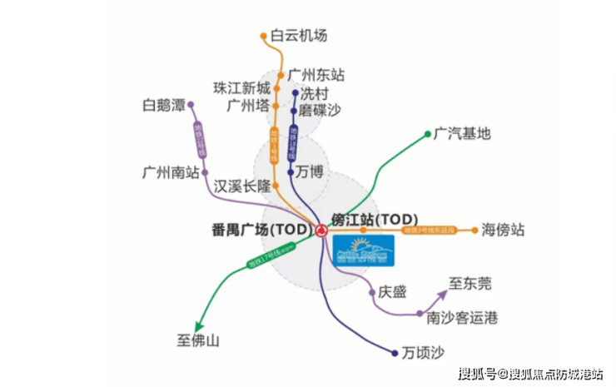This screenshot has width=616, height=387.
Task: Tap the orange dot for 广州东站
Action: (x=281, y=75)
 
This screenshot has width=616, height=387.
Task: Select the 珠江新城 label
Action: (x=242, y=88)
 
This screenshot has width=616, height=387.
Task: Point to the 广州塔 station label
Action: (x=248, y=106)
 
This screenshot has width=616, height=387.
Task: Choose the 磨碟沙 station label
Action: (x=320, y=110)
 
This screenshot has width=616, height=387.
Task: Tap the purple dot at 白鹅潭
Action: (x=191, y=106)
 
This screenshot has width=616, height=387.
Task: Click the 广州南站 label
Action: (x=171, y=173)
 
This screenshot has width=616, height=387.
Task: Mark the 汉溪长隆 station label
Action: (x=242, y=185)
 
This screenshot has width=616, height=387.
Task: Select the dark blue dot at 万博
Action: (x=290, y=172)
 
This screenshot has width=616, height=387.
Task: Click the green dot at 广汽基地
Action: (x=427, y=133)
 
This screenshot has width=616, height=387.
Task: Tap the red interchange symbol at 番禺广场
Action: (x=320, y=230)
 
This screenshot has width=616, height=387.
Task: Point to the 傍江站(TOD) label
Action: (x=374, y=217)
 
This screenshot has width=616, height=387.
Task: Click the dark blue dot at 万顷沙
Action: (x=394, y=352)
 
